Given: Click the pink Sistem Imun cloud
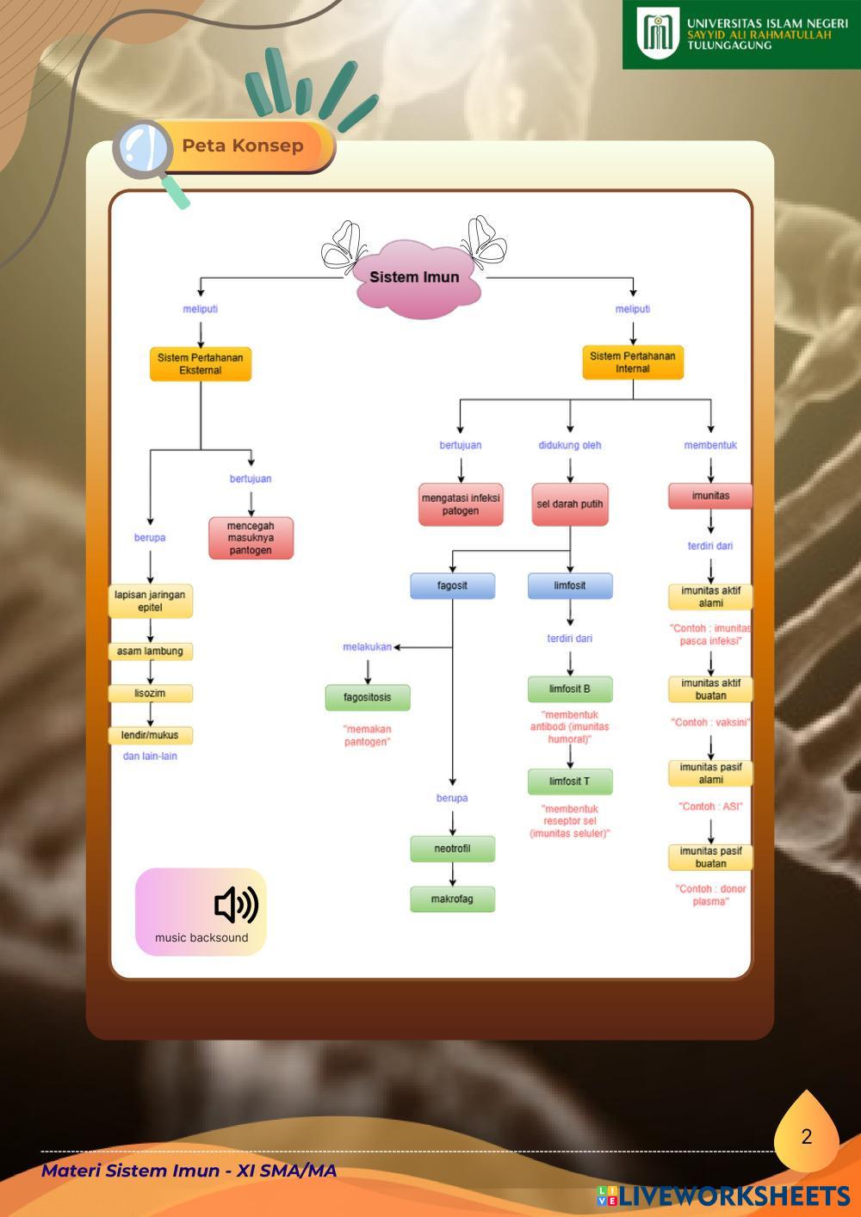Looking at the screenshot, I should (x=415, y=278).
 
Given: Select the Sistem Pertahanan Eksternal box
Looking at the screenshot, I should (x=201, y=364).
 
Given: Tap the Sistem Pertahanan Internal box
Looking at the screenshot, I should (x=633, y=362).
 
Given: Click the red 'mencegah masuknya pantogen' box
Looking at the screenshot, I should (x=251, y=538).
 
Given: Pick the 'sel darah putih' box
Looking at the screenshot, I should (x=570, y=504).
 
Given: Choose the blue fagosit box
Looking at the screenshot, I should (x=453, y=586).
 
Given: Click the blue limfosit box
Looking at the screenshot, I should (x=570, y=586).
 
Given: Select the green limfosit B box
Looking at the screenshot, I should (x=570, y=689).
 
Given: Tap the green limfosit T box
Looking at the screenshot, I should (x=570, y=781).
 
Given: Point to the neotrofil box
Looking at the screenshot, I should (x=453, y=849).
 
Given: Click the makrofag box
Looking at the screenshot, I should (x=453, y=899).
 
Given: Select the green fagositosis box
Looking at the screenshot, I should (x=368, y=697).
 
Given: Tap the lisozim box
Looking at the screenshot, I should (x=151, y=694).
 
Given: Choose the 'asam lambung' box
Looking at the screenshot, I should (x=151, y=652).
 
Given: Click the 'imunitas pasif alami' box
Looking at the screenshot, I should (x=711, y=773).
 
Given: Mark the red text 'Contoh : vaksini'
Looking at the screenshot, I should (x=711, y=723).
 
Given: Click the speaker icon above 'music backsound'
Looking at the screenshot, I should (x=236, y=905).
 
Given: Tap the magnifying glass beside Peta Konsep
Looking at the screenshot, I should (x=145, y=150).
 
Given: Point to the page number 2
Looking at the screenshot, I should (x=806, y=1137).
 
